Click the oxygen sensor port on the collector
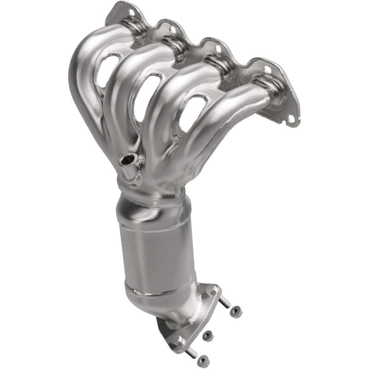pyautogui.click(x=127, y=161)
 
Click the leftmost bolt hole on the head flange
pyautogui.click(x=131, y=12)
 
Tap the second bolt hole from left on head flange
pyautogui.click(x=172, y=29)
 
